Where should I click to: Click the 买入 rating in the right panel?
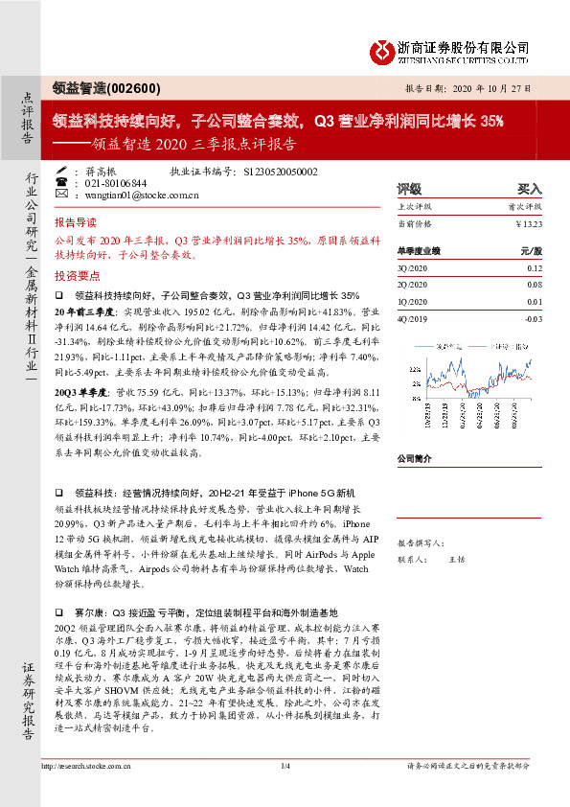(x=529, y=189)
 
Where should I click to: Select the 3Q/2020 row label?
(x=411, y=270)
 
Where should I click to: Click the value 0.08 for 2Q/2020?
(x=534, y=285)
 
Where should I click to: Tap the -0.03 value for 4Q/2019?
(x=532, y=318)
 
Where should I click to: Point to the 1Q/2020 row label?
(x=411, y=302)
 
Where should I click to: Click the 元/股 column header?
(x=531, y=250)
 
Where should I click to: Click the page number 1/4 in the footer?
(x=285, y=792)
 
